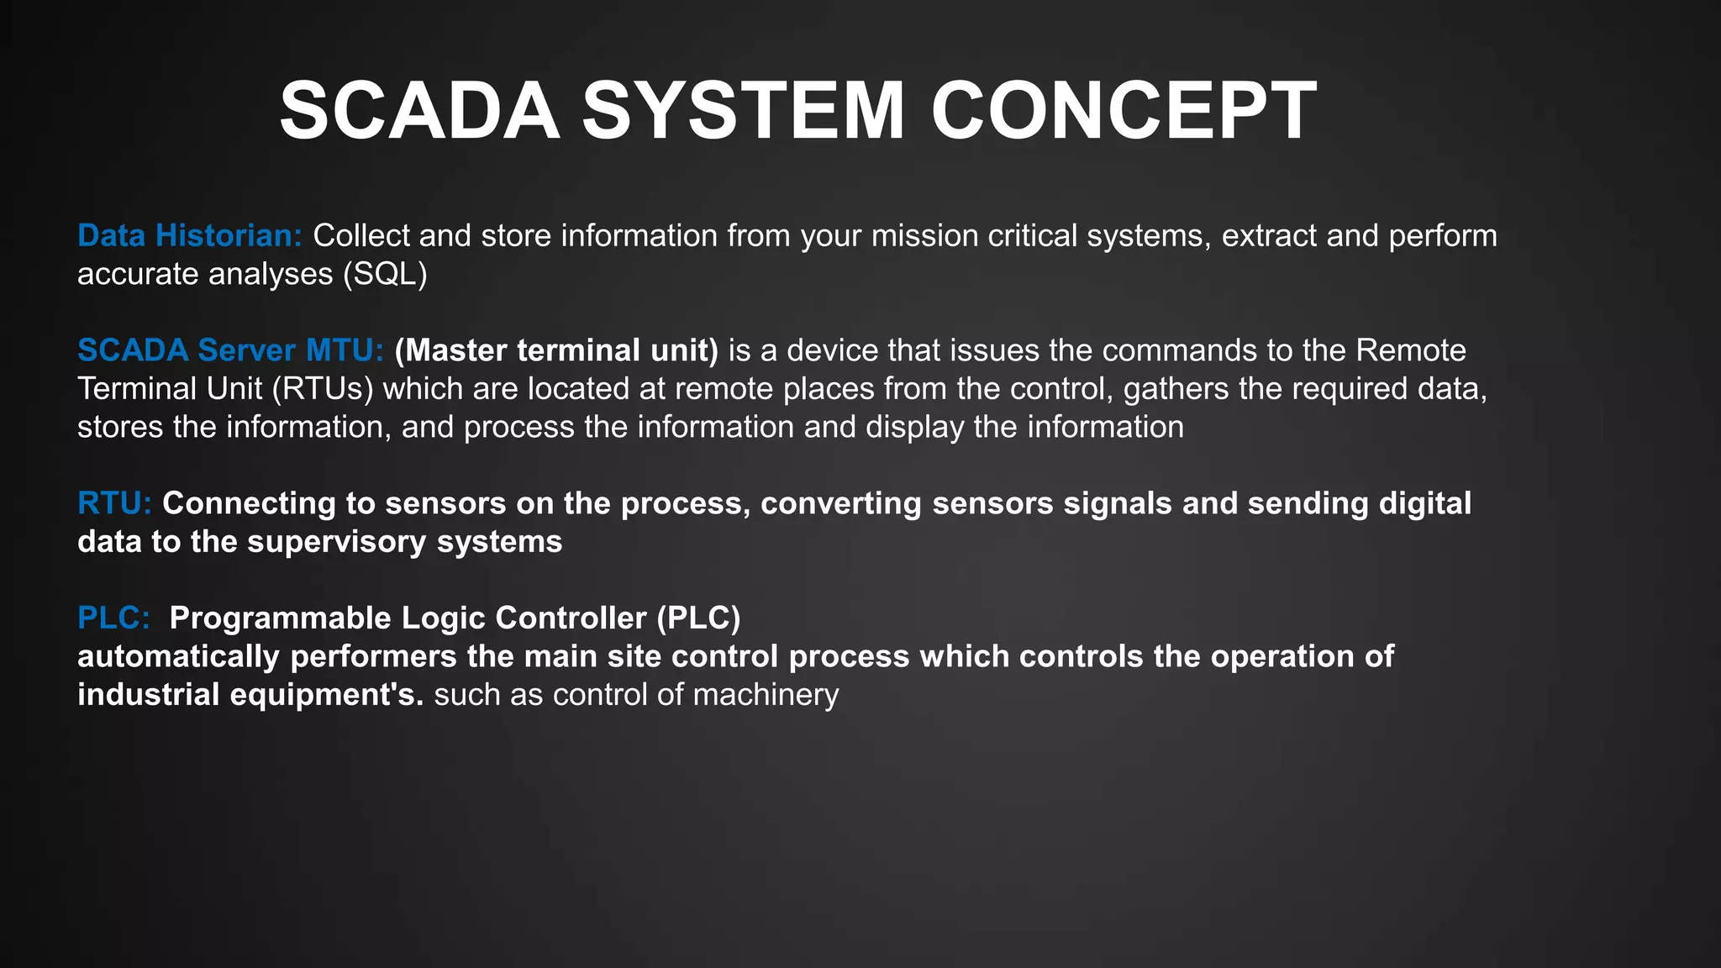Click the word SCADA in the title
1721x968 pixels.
click(419, 111)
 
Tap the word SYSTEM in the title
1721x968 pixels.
click(744, 111)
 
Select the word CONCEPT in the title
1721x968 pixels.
click(1124, 111)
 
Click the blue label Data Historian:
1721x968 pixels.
click(189, 236)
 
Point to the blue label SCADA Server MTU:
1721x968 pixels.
click(230, 350)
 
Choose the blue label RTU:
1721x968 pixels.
click(114, 503)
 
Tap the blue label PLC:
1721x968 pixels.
click(113, 618)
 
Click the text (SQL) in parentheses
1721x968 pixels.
click(386, 275)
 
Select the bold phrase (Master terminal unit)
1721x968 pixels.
click(556, 350)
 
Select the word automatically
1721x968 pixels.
click(178, 656)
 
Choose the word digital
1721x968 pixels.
click(1425, 503)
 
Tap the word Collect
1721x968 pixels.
click(361, 236)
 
